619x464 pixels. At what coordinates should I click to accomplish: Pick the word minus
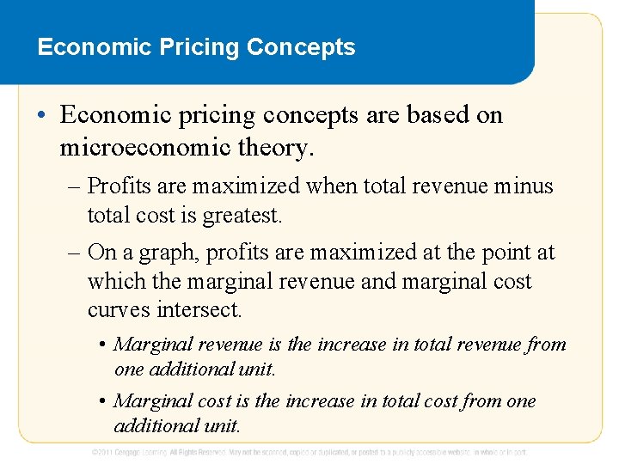[525, 186]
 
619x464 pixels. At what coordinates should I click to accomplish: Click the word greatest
[242, 215]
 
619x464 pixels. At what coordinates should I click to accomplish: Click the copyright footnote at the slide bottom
[309, 452]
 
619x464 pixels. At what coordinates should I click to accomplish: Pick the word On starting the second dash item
[101, 253]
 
